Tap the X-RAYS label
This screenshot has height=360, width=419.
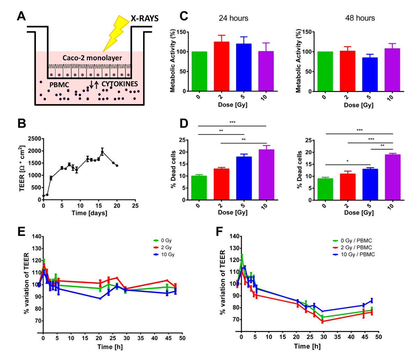pyautogui.click(x=145, y=18)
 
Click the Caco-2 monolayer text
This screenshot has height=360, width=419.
pyautogui.click(x=92, y=58)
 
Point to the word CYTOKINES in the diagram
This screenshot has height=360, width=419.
pyautogui.click(x=120, y=84)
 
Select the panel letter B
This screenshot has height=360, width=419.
pyautogui.click(x=22, y=123)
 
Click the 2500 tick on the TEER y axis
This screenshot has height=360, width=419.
pyautogui.click(x=34, y=139)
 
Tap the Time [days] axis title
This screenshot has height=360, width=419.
pyautogui.click(x=89, y=213)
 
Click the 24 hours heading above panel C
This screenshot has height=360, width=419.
pyautogui.click(x=233, y=18)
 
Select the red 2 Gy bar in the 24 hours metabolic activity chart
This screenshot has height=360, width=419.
pyautogui.click(x=221, y=66)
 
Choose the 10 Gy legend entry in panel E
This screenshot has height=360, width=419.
pyautogui.click(x=164, y=254)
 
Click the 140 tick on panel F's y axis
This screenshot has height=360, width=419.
pyautogui.click(x=235, y=237)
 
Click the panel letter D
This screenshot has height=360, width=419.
pyautogui.click(x=184, y=123)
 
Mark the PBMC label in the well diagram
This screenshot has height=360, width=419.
pyautogui.click(x=59, y=84)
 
